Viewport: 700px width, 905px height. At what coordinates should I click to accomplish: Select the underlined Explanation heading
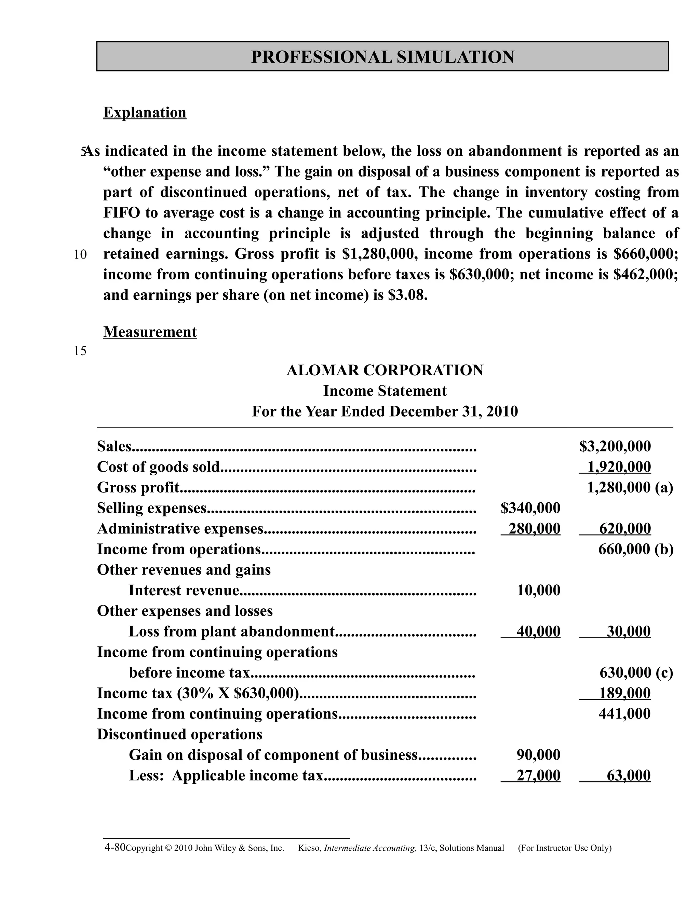click(145, 112)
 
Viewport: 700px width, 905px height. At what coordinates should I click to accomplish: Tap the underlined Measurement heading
click(150, 332)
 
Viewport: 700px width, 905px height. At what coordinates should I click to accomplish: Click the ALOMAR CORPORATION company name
click(385, 370)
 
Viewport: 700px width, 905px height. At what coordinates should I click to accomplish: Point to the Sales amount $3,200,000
click(615, 446)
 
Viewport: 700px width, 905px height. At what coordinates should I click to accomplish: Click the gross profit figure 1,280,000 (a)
click(630, 488)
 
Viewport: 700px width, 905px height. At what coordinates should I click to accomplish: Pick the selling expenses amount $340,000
click(530, 508)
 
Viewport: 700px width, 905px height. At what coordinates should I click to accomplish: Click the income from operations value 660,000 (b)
click(635, 549)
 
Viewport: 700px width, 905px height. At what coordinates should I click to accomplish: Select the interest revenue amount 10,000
click(538, 590)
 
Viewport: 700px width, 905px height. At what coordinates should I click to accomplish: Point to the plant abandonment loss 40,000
click(538, 631)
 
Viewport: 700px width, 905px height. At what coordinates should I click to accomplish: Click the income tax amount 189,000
click(624, 693)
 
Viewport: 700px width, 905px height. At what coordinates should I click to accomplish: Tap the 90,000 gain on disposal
click(538, 755)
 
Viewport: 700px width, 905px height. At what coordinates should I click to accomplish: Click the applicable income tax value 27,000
click(538, 775)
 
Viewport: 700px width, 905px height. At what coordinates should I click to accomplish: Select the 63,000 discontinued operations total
click(628, 775)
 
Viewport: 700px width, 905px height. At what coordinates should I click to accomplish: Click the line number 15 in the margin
click(80, 351)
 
